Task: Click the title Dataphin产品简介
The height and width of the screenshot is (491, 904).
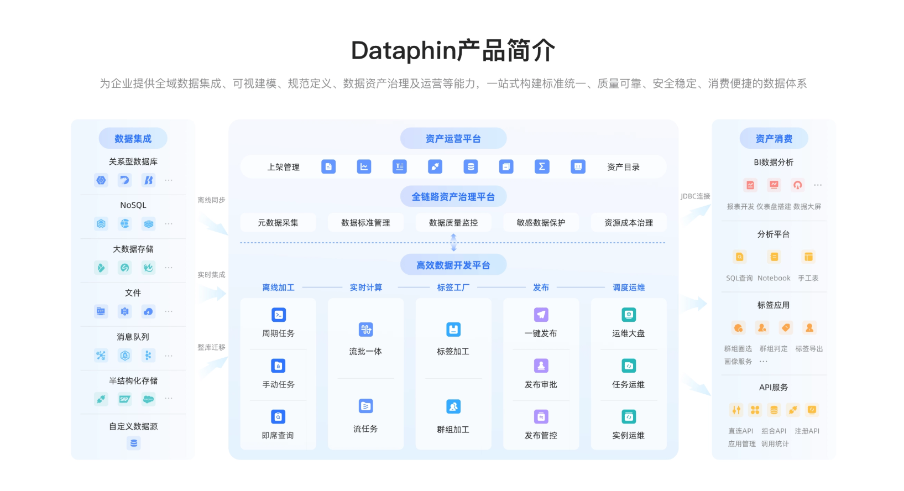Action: (x=453, y=51)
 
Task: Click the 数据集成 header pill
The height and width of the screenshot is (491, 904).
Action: (x=133, y=139)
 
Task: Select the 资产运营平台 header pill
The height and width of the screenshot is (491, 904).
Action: (x=453, y=139)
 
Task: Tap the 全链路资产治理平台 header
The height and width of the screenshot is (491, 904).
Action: (x=453, y=197)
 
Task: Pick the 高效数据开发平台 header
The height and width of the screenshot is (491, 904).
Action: (x=453, y=265)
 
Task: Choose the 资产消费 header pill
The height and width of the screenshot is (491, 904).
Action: (x=774, y=139)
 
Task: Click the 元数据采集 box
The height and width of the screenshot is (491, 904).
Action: (x=278, y=223)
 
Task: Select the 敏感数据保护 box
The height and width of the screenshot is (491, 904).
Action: (x=541, y=223)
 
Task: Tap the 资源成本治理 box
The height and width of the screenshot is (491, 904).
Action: (x=629, y=223)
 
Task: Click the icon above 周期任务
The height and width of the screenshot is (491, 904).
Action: (x=279, y=315)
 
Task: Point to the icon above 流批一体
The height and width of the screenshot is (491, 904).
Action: (x=365, y=330)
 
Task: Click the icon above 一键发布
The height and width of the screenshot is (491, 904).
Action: (x=541, y=315)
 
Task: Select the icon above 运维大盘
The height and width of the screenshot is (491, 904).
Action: (x=629, y=315)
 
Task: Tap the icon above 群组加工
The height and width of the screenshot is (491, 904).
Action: (x=453, y=407)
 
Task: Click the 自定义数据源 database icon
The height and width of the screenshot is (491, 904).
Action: (x=133, y=443)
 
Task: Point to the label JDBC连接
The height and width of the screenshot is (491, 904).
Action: (x=696, y=196)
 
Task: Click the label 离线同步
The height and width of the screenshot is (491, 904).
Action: (x=211, y=200)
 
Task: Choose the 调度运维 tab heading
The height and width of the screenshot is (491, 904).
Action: (x=629, y=288)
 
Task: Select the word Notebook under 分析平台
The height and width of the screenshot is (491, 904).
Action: (x=774, y=279)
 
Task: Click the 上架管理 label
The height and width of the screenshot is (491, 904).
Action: (x=284, y=167)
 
